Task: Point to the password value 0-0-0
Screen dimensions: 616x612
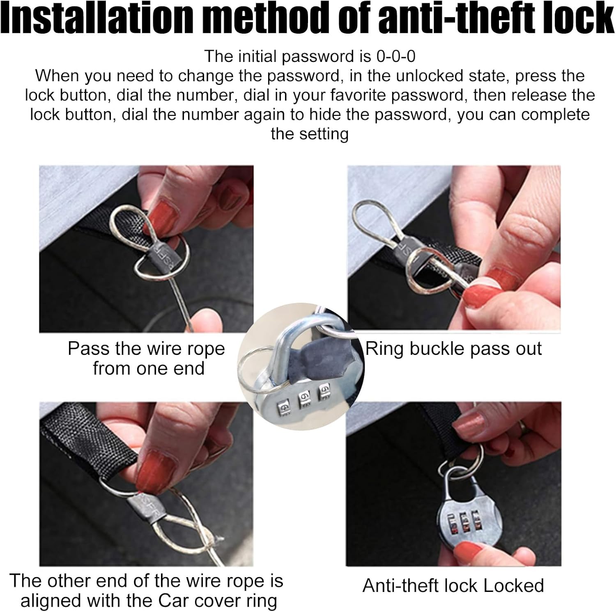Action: [x=396, y=56]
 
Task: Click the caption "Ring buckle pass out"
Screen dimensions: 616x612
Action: [x=454, y=349]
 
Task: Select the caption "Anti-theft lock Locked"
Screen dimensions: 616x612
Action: [x=453, y=585]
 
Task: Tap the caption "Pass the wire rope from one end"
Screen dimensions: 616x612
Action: [x=147, y=358]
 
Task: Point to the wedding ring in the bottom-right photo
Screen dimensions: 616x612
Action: [x=522, y=427]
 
